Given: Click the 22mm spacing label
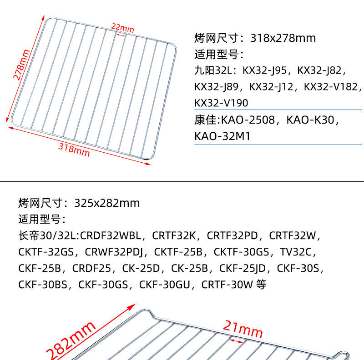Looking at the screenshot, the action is click(x=120, y=27).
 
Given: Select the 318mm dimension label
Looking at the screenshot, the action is click(x=74, y=149).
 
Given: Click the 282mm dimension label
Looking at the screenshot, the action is click(x=70, y=340).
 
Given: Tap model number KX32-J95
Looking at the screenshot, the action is click(x=265, y=70).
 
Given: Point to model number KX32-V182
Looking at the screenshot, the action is click(x=332, y=87).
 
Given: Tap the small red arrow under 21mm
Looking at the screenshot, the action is click(x=236, y=340).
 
